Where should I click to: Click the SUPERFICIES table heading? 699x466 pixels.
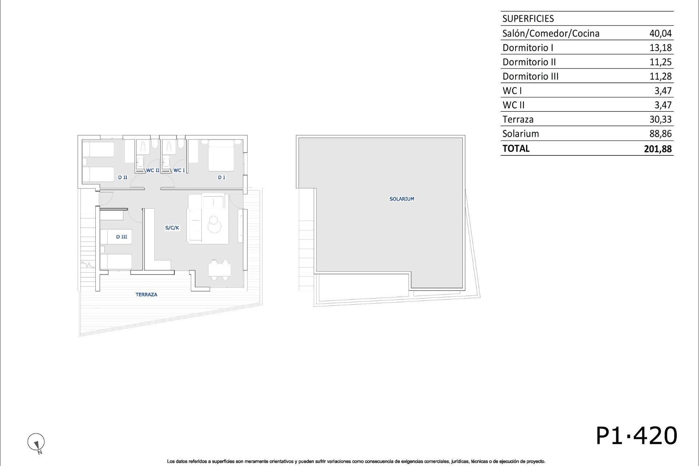[528, 19]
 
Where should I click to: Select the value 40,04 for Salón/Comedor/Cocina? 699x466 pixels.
[660, 33]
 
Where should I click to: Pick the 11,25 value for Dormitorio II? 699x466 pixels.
[660, 62]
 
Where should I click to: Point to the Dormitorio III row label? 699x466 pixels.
[530, 76]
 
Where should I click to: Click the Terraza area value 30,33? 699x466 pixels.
[660, 119]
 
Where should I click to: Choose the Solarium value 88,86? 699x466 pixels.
[660, 134]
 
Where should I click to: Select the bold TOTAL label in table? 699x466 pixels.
[516, 149]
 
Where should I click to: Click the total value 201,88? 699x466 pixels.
[657, 149]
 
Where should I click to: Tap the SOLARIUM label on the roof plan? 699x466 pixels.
[402, 199]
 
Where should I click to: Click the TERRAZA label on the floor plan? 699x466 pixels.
[146, 295]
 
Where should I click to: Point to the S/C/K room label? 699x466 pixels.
[172, 228]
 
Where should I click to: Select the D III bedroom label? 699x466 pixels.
[122, 237]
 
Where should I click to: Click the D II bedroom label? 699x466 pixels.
[123, 178]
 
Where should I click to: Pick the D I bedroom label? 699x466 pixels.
[221, 178]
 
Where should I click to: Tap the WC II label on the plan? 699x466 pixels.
[153, 170]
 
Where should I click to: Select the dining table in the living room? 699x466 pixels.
[220, 270]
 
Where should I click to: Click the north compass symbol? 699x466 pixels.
[36, 442]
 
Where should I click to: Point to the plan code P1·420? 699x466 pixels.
[636, 436]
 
